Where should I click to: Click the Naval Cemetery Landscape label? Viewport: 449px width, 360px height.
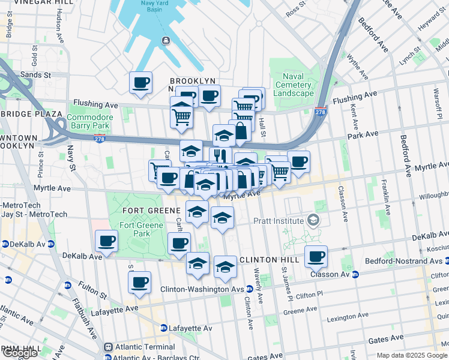click(294, 84)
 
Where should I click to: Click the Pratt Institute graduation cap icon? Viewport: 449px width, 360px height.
click(312, 220)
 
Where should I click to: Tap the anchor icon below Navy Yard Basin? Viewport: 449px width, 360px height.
click(164, 40)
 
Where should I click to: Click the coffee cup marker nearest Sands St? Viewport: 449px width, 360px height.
click(140, 83)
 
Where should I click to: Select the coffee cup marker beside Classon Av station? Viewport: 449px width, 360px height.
click(316, 257)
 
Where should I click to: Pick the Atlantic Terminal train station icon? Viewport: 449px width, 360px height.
click(109, 347)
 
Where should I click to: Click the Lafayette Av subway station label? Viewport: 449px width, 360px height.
click(191, 328)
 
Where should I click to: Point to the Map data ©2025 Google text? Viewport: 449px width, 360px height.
click(412, 355)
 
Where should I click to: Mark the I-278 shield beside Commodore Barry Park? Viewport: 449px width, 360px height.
click(99, 139)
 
